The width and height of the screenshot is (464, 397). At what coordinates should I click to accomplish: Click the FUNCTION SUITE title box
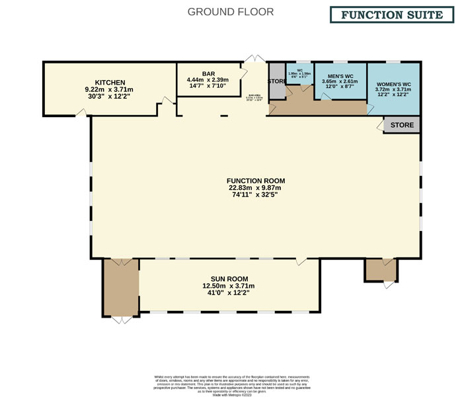(x=392, y=15)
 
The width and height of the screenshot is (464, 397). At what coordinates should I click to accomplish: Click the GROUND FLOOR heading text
(x=231, y=12)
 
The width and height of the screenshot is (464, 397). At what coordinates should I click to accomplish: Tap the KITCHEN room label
(x=109, y=83)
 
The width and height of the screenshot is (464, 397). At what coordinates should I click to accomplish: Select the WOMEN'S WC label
(x=393, y=85)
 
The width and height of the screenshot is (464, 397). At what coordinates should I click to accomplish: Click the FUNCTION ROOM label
(x=255, y=181)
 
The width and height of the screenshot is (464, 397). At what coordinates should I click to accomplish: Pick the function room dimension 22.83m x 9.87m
(x=255, y=188)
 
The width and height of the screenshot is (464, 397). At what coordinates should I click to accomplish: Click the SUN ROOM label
(x=229, y=279)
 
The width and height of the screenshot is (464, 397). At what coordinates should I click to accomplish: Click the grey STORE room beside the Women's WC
(x=402, y=125)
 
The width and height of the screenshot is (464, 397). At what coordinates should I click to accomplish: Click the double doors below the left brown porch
(x=120, y=320)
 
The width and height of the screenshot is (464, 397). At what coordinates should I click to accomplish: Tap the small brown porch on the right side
(x=381, y=269)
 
